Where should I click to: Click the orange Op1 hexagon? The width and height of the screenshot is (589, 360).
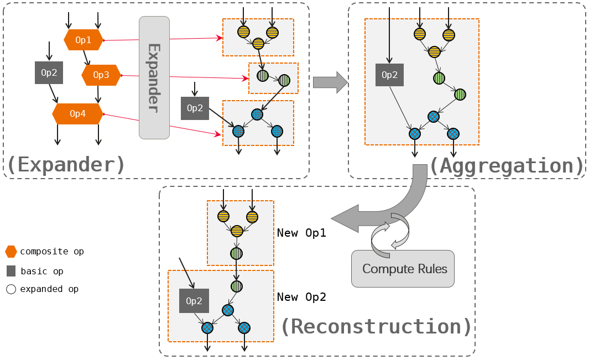click(84, 40)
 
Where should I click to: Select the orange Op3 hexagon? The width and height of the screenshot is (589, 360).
click(101, 75)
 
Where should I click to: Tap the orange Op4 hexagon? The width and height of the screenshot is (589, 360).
click(78, 114)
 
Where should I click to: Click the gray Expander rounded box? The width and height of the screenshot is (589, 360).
click(154, 77)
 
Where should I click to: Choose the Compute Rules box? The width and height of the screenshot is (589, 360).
click(403, 269)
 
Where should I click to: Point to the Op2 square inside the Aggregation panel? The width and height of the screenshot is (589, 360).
click(389, 75)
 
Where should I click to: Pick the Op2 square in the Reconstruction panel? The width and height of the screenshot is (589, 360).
click(194, 301)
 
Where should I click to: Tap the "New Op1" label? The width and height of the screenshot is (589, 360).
click(301, 233)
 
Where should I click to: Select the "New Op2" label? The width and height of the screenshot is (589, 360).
click(301, 297)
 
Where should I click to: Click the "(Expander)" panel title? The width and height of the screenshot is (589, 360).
click(66, 164)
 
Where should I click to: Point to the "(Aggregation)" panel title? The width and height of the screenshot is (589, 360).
click(507, 165)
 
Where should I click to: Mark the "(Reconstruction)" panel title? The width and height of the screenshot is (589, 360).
click(376, 326)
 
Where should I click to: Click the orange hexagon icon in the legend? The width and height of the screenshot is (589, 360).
click(11, 252)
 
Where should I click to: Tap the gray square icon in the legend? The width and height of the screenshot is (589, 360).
click(11, 271)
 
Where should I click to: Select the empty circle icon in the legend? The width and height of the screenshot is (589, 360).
click(11, 289)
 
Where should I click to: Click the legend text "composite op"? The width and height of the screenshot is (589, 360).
click(52, 252)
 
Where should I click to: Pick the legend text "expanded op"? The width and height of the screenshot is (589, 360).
click(49, 289)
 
